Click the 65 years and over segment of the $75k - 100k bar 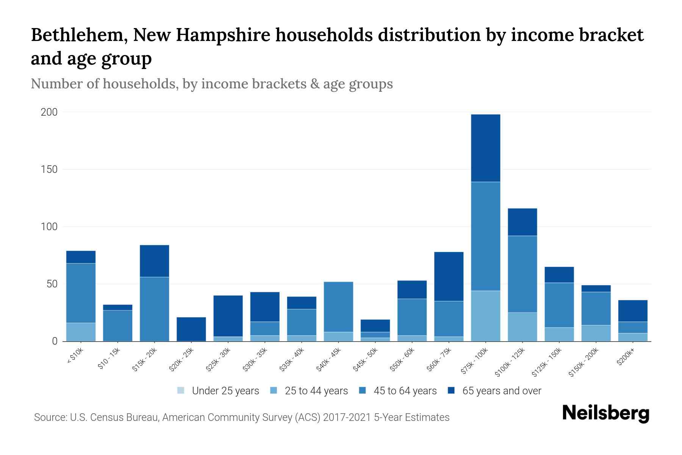point(485,148)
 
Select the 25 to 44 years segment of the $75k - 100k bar point(485,316)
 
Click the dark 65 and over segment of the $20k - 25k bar point(191,329)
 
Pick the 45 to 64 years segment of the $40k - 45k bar point(338,307)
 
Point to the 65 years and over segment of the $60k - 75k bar point(449,276)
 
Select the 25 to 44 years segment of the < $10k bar point(81,332)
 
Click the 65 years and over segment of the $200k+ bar point(633,311)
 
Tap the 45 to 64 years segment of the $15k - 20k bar point(154,309)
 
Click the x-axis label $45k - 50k point(366,359)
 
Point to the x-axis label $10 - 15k point(109,359)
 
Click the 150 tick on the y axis point(49,169)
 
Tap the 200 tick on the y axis point(49,112)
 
